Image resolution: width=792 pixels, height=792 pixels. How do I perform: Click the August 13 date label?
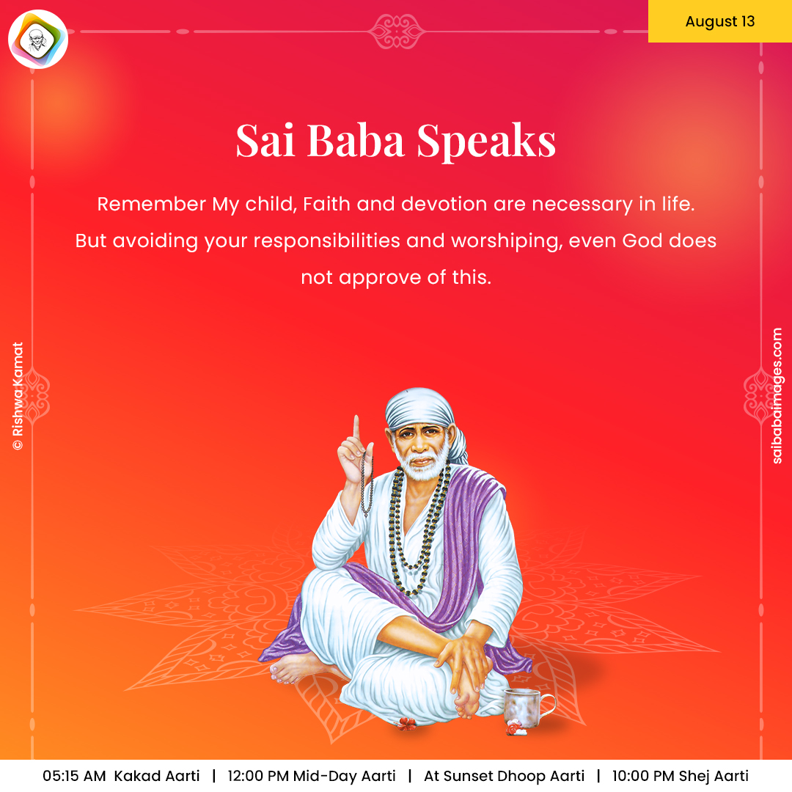[x=720, y=21]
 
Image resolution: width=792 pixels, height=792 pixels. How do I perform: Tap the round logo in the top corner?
[x=38, y=39]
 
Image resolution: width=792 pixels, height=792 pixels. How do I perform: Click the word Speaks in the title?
[x=486, y=141]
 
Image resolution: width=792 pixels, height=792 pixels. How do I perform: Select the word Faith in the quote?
[x=326, y=204]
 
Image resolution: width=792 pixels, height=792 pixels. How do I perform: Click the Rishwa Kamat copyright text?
[x=18, y=395]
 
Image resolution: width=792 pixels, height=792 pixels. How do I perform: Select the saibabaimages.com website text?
[x=777, y=395]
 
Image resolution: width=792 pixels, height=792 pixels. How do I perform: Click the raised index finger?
[x=356, y=429]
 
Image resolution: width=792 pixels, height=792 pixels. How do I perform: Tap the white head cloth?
[x=425, y=414]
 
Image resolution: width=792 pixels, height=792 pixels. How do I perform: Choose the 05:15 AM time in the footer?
[x=74, y=776]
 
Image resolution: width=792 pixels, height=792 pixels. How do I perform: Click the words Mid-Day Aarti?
[x=345, y=776]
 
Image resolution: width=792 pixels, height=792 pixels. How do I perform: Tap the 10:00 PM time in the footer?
[x=643, y=776]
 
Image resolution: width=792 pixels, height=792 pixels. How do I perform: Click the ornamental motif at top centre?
[x=397, y=32]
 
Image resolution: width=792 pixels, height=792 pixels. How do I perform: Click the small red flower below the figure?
[x=406, y=725]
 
